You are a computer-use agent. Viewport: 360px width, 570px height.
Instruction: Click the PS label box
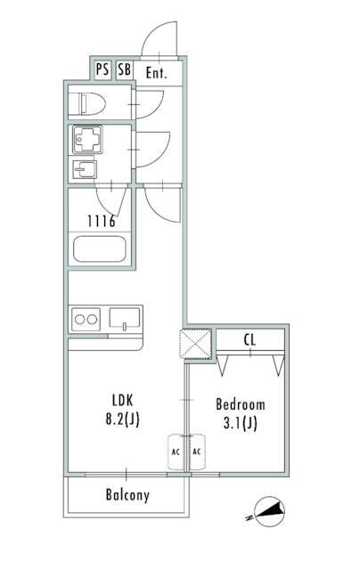coord(102,69)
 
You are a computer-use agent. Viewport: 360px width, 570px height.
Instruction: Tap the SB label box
coord(125,69)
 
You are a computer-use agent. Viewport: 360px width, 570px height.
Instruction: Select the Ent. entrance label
coord(156,73)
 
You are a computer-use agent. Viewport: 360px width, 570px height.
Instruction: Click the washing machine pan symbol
coord(87,139)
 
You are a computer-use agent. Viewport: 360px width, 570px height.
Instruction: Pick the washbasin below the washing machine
coord(85,169)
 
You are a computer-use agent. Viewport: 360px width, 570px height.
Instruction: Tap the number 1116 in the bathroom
coord(102,221)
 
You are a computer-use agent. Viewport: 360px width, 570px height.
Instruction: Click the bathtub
coord(100,249)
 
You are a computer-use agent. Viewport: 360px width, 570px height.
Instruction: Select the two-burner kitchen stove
coord(86,320)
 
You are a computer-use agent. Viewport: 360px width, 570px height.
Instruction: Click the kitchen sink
coord(125,318)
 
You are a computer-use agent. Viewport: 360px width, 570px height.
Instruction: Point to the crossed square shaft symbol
coord(195,344)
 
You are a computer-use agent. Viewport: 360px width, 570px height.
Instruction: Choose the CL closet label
coord(250,340)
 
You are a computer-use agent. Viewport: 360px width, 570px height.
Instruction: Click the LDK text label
coord(123,401)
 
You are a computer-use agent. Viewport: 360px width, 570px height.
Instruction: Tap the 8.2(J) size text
coord(123,419)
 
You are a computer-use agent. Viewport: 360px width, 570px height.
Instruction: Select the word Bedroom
coord(241,404)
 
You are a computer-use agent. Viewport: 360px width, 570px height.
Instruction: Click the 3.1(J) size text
coord(241,424)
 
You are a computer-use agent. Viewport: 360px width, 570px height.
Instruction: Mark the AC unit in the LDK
coord(176,452)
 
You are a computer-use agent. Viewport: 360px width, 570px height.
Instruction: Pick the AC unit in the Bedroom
coord(197,452)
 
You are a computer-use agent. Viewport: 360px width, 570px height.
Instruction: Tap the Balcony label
coord(127,495)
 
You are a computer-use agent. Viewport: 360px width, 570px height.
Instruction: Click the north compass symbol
coord(268,512)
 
